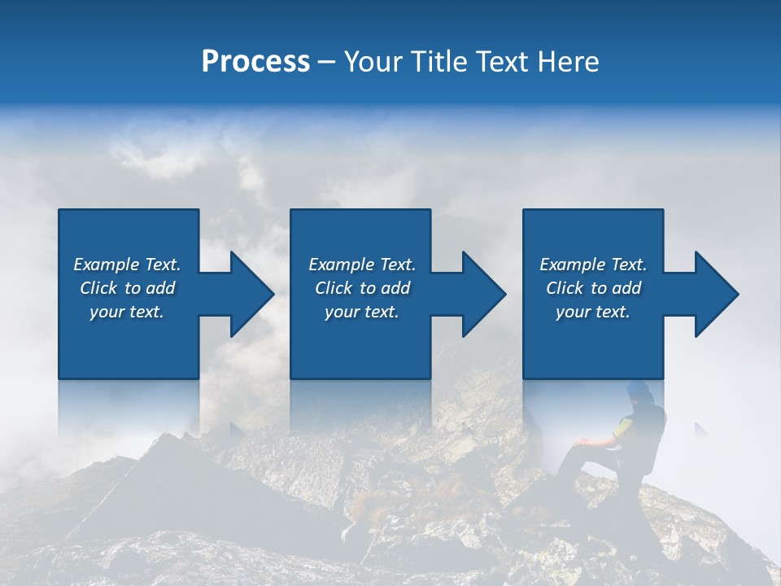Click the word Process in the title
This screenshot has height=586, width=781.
(x=255, y=62)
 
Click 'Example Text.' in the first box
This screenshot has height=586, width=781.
(x=127, y=265)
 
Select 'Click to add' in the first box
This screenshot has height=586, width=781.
(x=127, y=288)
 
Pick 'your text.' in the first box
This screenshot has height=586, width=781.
(x=127, y=312)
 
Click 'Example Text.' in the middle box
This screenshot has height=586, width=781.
(x=362, y=265)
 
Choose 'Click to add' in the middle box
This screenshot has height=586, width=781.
(x=362, y=288)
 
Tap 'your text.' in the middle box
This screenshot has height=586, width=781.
(x=362, y=312)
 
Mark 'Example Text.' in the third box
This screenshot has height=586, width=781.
(x=593, y=265)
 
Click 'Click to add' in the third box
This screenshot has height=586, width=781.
(x=593, y=288)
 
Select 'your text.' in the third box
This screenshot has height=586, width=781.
(x=593, y=312)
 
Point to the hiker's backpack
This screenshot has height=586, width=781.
(x=651, y=435)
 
